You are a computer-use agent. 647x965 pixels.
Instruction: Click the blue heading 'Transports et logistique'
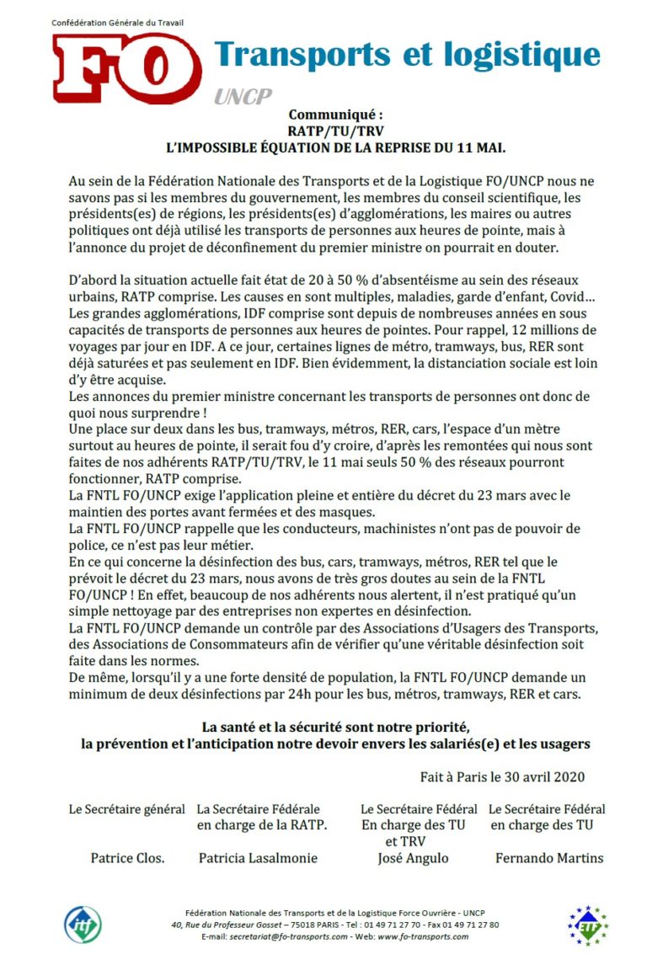407,55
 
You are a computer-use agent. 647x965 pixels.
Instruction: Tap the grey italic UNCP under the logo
242,97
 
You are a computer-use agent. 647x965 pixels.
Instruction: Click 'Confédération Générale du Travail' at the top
117,22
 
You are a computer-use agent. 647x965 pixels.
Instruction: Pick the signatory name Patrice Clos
127,858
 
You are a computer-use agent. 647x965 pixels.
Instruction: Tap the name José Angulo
413,858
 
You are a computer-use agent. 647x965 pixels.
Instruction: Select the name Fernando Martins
548,858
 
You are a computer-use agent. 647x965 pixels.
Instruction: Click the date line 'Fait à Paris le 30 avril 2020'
502,776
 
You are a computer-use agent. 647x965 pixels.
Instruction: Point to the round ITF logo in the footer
83,924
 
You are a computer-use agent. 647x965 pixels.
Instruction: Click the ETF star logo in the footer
587,925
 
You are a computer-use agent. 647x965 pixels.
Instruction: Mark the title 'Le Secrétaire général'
126,809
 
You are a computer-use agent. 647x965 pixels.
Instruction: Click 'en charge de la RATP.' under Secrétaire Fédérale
262,825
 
